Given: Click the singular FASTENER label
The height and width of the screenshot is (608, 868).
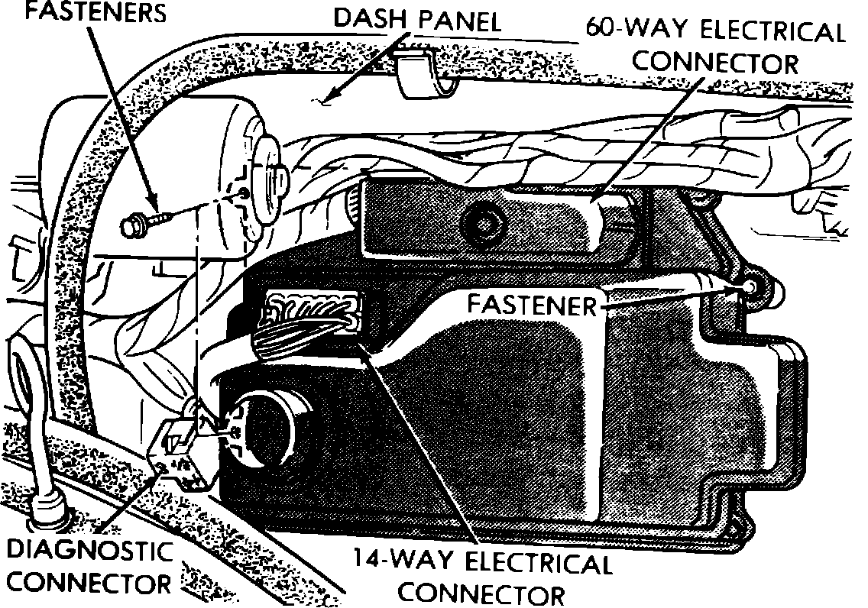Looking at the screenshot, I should pos(532,306).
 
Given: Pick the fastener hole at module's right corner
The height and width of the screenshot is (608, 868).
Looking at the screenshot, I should pos(750,284).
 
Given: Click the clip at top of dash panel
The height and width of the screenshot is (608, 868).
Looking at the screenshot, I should pos(425,73).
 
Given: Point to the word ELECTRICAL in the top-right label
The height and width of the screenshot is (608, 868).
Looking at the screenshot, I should pos(765,33).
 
